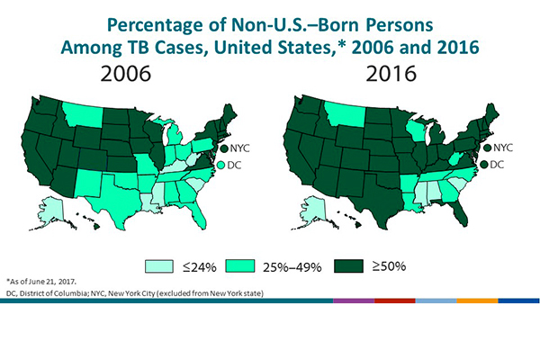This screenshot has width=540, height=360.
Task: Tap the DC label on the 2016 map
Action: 500,165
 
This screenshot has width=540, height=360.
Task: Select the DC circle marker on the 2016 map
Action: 486,165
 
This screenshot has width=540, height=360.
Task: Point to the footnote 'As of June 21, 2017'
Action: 55,281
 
